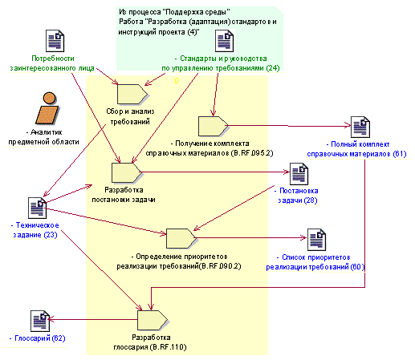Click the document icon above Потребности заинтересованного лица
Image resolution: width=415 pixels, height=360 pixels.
55,41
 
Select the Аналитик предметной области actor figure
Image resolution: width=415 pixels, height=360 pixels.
47,108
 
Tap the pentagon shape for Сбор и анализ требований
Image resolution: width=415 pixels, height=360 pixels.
132,94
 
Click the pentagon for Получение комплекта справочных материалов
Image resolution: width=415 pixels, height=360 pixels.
214,126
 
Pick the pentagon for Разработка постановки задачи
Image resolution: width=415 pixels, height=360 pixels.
127,172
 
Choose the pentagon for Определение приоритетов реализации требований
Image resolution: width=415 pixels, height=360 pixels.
181,238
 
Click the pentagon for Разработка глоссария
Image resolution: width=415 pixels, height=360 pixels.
153,320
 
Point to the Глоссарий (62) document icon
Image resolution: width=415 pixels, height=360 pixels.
40,321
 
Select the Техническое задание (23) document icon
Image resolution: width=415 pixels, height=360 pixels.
37,208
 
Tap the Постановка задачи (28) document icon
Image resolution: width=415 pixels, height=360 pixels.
299,174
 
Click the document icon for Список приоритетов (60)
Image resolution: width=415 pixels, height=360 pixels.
316,240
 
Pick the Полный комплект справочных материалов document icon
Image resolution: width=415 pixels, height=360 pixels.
360,127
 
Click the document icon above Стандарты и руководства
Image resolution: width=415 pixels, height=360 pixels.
225,41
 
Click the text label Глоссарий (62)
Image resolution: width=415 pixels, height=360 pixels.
38,338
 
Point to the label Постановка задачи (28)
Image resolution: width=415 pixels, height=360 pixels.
297,196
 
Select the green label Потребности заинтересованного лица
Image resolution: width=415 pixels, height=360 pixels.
52,63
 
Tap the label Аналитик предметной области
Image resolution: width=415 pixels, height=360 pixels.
43,137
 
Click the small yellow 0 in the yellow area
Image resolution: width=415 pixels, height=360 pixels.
177,81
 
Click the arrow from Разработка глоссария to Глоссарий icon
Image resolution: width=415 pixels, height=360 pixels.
93,320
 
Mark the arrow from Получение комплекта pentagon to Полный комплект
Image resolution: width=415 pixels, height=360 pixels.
289,126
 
